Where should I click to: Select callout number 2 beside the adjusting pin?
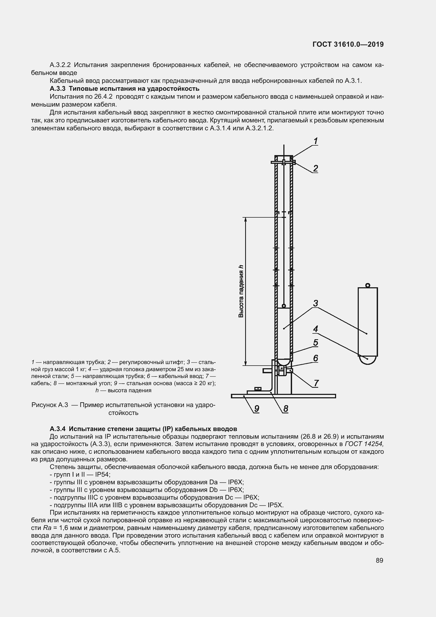[316, 169]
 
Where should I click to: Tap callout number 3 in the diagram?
[316, 303]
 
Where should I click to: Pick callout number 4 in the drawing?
[316, 329]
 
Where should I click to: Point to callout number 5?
[316, 343]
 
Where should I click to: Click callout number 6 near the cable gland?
[316, 358]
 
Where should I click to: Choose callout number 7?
[316, 383]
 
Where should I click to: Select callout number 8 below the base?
[285, 408]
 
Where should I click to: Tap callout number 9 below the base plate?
[257, 408]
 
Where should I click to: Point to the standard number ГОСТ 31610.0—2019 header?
[348, 44]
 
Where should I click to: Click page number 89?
[379, 560]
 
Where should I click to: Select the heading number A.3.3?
[57, 88]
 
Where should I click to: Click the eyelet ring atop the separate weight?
[367, 285]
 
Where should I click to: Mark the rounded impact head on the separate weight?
[367, 360]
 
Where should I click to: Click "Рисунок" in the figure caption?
[44, 405]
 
